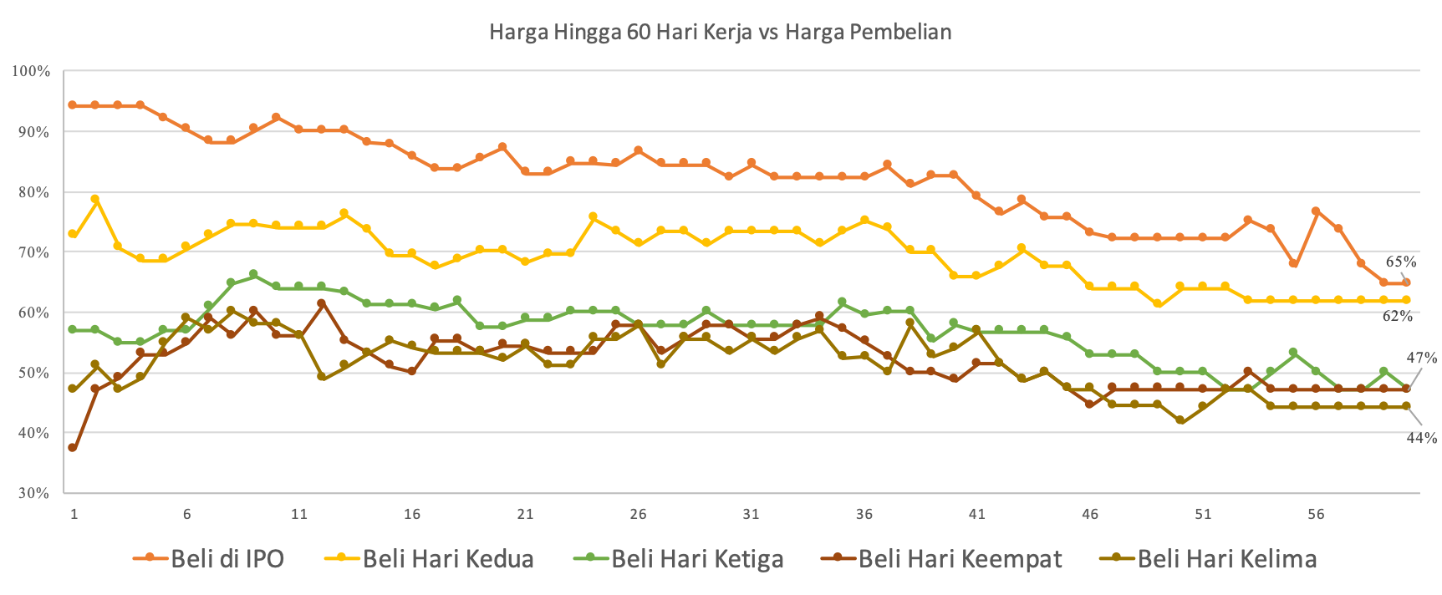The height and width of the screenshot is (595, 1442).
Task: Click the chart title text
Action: click(720, 33)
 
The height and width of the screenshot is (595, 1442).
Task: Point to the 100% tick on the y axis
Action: click(31, 72)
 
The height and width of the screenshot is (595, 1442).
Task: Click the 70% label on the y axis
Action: click(31, 252)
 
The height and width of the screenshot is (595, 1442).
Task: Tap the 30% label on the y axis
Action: click(31, 493)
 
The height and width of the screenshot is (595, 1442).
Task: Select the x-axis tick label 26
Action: click(638, 514)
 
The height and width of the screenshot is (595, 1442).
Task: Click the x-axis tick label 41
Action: click(976, 514)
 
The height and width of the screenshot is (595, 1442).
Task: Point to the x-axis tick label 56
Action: click(1315, 514)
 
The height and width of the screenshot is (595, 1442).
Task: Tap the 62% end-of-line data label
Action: click(1397, 316)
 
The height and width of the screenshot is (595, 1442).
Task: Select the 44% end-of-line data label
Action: click(1421, 437)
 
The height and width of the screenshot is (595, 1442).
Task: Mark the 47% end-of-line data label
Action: click(1421, 358)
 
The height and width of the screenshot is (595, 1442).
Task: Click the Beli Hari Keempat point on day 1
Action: click(73, 447)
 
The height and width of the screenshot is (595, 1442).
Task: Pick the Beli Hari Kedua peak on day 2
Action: click(95, 199)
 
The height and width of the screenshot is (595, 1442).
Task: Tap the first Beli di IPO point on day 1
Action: click(73, 105)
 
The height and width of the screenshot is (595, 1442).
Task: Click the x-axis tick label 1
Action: click(74, 514)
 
